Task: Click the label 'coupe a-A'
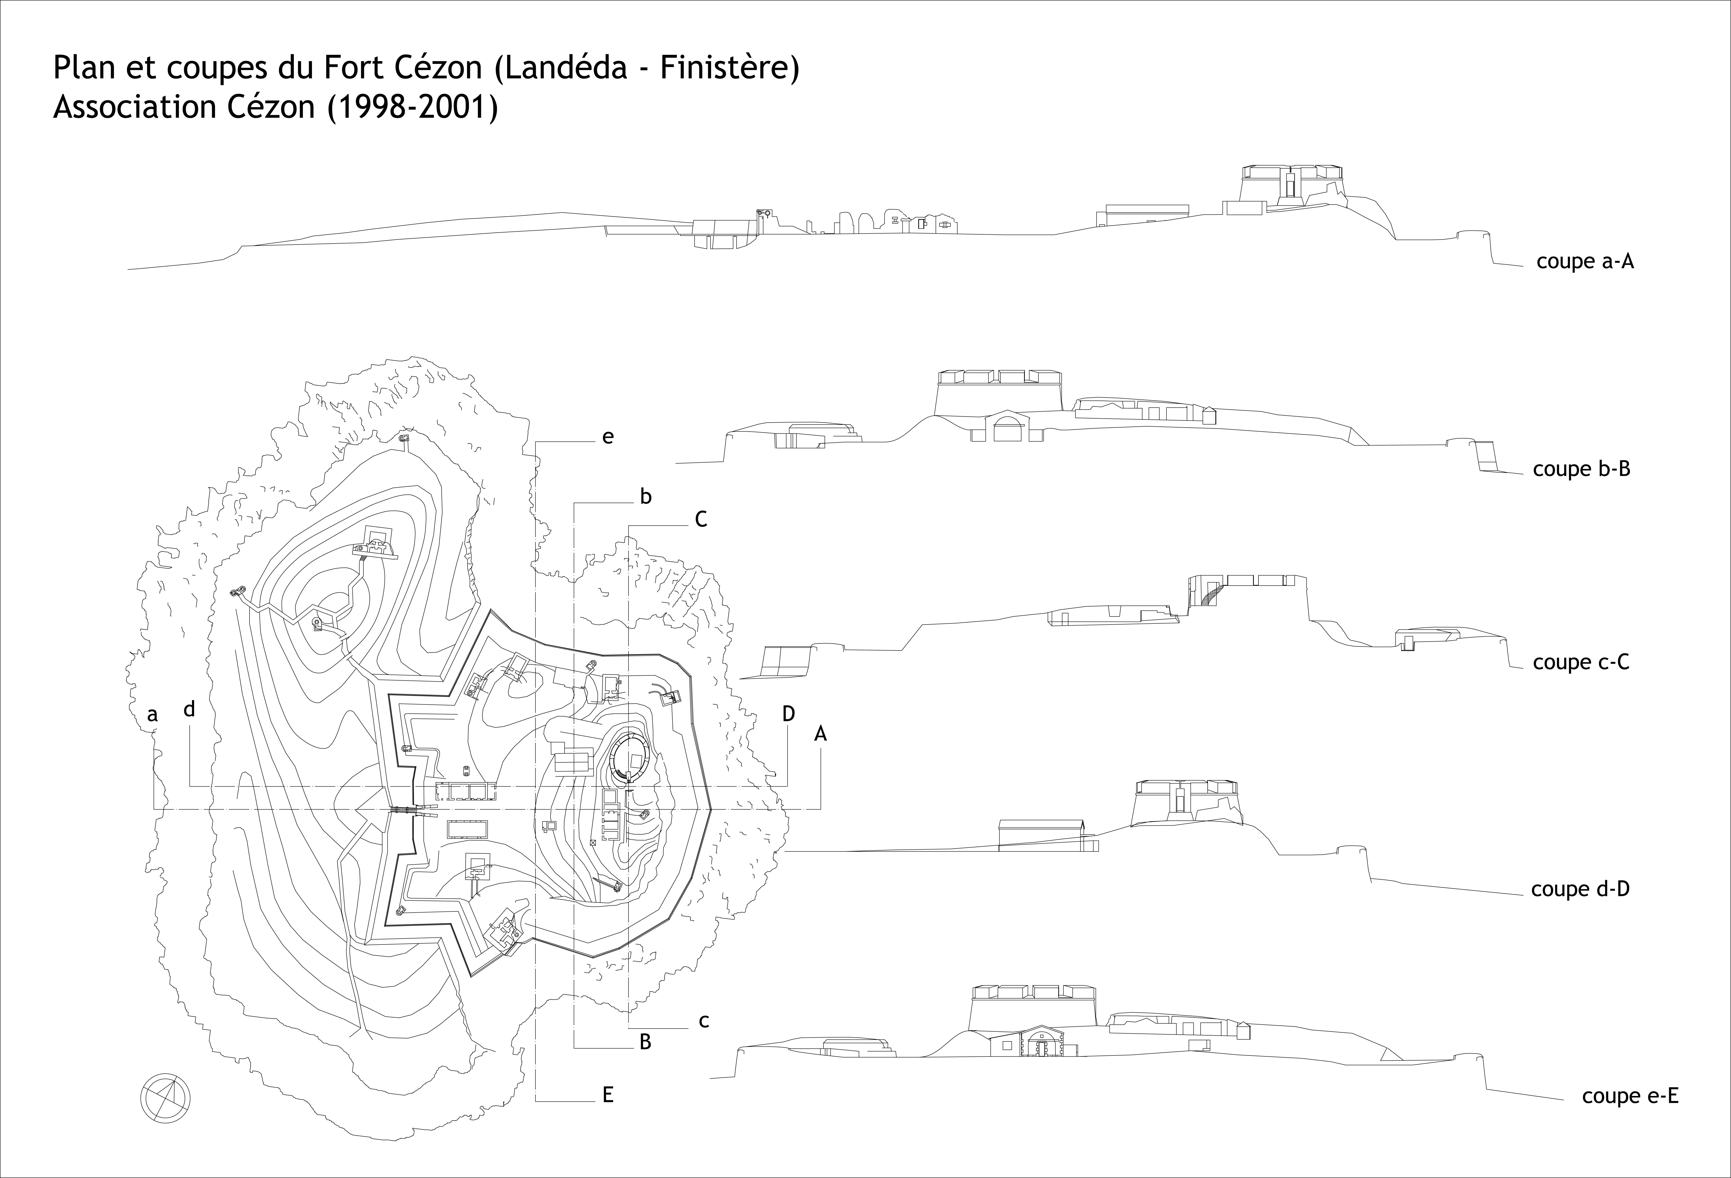[x=1585, y=262]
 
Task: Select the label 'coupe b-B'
[x=1581, y=469]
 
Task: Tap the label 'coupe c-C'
[x=1581, y=662]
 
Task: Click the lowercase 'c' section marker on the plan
[x=703, y=1021]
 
